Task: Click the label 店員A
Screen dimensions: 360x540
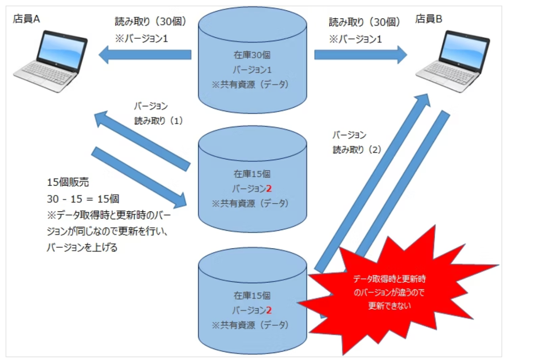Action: pos(26,19)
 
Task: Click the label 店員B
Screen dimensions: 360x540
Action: pos(429,19)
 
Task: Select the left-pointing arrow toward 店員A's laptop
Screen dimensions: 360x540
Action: pos(145,55)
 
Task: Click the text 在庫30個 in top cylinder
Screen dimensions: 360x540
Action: pos(252,55)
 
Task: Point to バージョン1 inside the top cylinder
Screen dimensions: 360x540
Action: pos(252,70)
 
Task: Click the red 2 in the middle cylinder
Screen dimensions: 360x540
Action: pos(269,189)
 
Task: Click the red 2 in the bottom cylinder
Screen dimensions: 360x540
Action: pos(269,310)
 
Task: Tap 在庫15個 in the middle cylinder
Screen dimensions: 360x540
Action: pos(252,174)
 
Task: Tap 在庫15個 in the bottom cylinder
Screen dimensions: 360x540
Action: pos(252,296)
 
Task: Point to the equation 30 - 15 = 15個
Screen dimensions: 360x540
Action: pos(83,199)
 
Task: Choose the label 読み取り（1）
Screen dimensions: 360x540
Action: pos(158,121)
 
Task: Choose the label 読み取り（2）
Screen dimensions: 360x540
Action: pos(357,150)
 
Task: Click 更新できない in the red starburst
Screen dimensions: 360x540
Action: pos(389,306)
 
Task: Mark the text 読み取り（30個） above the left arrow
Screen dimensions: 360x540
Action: pos(150,22)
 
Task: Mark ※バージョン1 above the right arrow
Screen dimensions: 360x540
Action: pos(355,39)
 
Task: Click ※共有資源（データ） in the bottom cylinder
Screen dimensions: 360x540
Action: pos(250,325)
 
